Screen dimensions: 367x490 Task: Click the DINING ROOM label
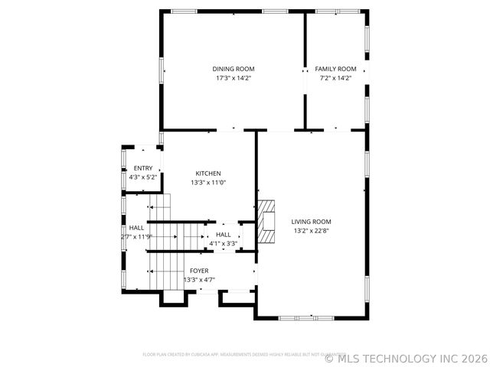coord(234,69)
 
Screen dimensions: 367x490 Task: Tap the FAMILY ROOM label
coord(337,69)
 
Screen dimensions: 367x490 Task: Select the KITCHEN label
coord(208,174)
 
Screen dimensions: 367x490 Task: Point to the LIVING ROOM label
coord(312,222)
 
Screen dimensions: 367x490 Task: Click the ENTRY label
coord(143,168)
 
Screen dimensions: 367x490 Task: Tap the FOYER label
coord(199,271)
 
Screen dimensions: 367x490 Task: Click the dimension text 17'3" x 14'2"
coord(234,78)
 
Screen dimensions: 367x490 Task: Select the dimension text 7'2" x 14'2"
coord(337,78)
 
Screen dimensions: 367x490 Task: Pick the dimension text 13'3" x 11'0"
coord(208,183)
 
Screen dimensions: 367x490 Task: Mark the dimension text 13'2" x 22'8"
coord(312,231)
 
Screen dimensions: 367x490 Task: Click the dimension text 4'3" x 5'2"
coord(143,177)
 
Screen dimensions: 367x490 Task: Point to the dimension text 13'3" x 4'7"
coord(199,280)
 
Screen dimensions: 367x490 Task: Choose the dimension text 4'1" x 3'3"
coord(224,244)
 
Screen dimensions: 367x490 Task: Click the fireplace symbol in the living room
coord(266,222)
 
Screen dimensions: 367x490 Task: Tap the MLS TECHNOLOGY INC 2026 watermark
coord(406,358)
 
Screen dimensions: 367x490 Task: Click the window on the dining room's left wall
coord(161,69)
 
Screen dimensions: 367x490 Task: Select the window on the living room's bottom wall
coord(301,317)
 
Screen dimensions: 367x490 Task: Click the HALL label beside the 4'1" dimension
coord(224,235)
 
